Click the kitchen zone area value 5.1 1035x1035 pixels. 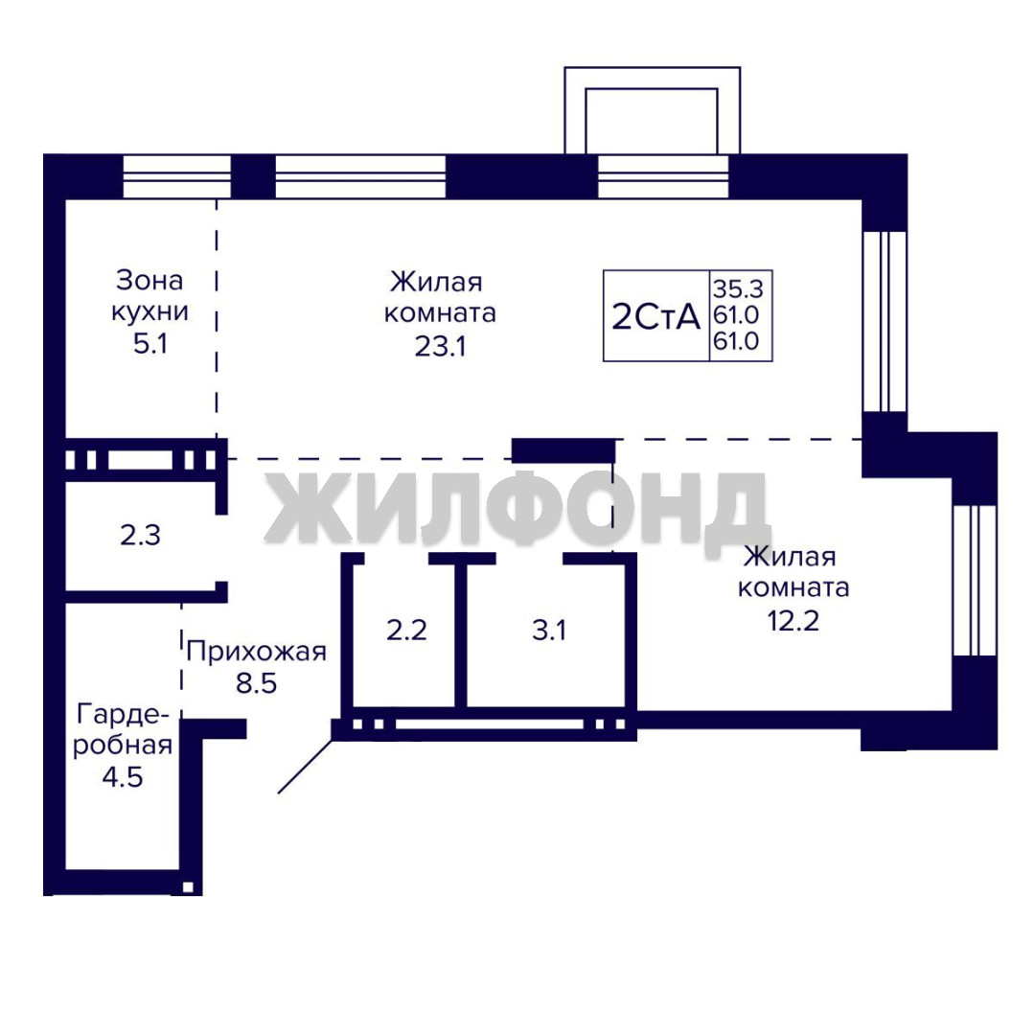pos(150,344)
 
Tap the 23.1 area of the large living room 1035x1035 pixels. pos(440,345)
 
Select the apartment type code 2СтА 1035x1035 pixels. pos(656,317)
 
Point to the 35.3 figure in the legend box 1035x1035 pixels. pos(738,288)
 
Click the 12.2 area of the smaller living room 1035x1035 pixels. pos(793,620)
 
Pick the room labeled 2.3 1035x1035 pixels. pos(141,536)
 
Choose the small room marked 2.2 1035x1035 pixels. pos(406,631)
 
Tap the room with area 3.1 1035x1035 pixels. pos(549,631)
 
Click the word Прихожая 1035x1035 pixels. pos(256,652)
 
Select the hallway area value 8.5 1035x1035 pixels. pos(257,683)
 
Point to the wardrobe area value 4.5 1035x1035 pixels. pos(123,777)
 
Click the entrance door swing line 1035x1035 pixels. pos(305,766)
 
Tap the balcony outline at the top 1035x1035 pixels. pos(653,109)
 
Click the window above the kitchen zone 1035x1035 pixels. pos(177,176)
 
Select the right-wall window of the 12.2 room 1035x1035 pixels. pos(975,581)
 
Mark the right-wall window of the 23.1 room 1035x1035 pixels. pos(885,321)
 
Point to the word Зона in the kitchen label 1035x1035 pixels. pos(149,281)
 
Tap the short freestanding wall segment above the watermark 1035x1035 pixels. pos(563,450)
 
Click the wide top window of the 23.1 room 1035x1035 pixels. pos(360,176)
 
